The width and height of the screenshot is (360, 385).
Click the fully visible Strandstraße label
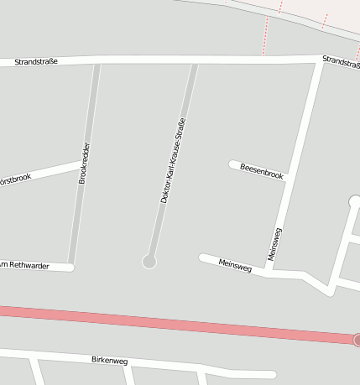tap(35, 62)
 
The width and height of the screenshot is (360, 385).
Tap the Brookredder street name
tap(84, 164)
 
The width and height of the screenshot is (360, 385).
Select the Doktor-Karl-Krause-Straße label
tap(173, 161)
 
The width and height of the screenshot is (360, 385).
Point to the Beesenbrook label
tap(262, 170)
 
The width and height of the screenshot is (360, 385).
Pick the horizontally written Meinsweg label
tap(235, 265)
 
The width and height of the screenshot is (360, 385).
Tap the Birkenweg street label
tap(109, 360)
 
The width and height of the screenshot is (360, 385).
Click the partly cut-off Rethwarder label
tap(25, 266)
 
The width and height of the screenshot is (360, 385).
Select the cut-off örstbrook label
tap(15, 178)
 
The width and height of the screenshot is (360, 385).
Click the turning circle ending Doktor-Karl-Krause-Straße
tap(149, 262)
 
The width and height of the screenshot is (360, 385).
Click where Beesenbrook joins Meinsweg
tap(288, 177)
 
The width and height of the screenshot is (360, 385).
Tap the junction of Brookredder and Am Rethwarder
tap(72, 267)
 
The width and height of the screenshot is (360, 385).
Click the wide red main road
tap(168, 322)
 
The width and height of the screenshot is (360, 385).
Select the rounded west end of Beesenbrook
tap(233, 164)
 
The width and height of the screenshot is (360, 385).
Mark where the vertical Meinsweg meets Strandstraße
tap(320, 60)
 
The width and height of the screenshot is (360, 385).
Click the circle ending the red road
tap(357, 340)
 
